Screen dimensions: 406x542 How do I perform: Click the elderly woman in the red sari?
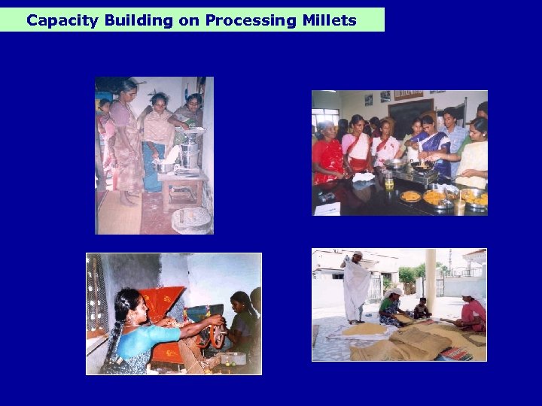(327, 154)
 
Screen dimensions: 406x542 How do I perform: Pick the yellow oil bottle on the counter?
(388, 180)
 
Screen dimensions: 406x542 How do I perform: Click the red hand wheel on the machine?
(216, 332)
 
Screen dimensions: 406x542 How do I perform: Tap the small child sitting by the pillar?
(422, 308)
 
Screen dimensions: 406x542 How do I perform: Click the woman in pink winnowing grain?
(472, 311)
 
